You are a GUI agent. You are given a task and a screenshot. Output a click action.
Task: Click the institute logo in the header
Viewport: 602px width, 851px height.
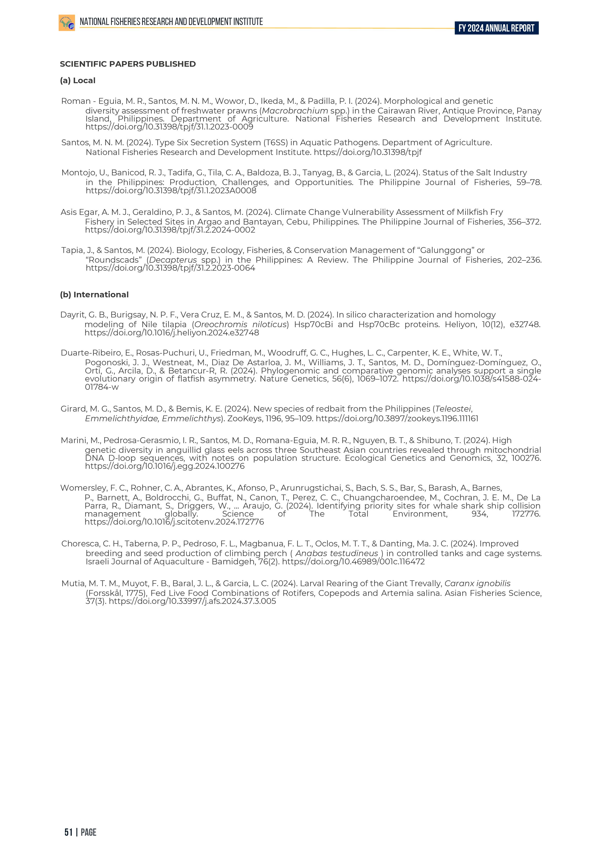click(x=67, y=23)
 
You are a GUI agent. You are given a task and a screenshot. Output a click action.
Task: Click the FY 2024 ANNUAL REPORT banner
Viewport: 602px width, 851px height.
click(x=496, y=28)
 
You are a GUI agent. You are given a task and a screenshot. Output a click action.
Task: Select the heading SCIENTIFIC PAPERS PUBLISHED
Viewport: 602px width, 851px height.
click(x=128, y=64)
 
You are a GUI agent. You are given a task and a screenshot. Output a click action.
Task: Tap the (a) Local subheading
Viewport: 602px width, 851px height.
click(x=77, y=81)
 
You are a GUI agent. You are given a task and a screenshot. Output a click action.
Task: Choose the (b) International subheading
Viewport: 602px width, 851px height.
click(x=94, y=295)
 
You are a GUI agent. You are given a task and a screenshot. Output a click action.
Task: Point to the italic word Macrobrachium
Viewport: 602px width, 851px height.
click(x=295, y=111)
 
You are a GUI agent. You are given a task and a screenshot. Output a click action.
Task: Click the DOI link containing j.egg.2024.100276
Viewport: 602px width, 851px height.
click(x=165, y=466)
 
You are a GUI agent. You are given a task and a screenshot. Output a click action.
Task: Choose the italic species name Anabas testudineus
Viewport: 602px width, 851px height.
click(x=336, y=553)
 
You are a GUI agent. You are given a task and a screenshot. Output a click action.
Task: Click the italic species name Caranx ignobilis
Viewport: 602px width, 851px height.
click(x=477, y=584)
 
